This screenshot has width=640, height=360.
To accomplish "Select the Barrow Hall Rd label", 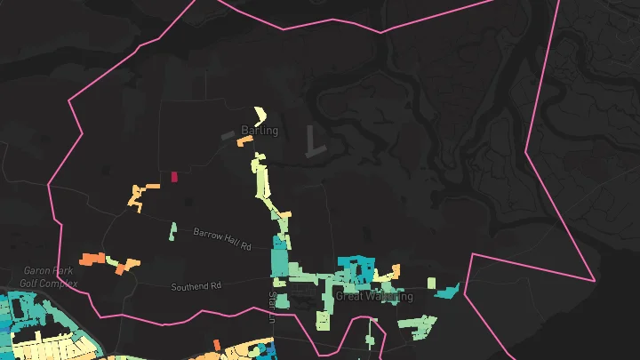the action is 223,237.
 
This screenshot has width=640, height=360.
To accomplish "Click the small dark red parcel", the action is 174,177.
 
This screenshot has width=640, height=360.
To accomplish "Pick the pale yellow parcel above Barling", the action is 260,115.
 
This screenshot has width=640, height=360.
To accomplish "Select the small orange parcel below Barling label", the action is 244,142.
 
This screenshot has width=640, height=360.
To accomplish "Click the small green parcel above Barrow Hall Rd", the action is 173,231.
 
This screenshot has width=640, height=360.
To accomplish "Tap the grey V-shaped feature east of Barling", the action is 312,142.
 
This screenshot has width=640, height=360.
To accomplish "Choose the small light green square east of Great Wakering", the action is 431,284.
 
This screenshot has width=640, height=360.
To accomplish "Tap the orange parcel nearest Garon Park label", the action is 91,259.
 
